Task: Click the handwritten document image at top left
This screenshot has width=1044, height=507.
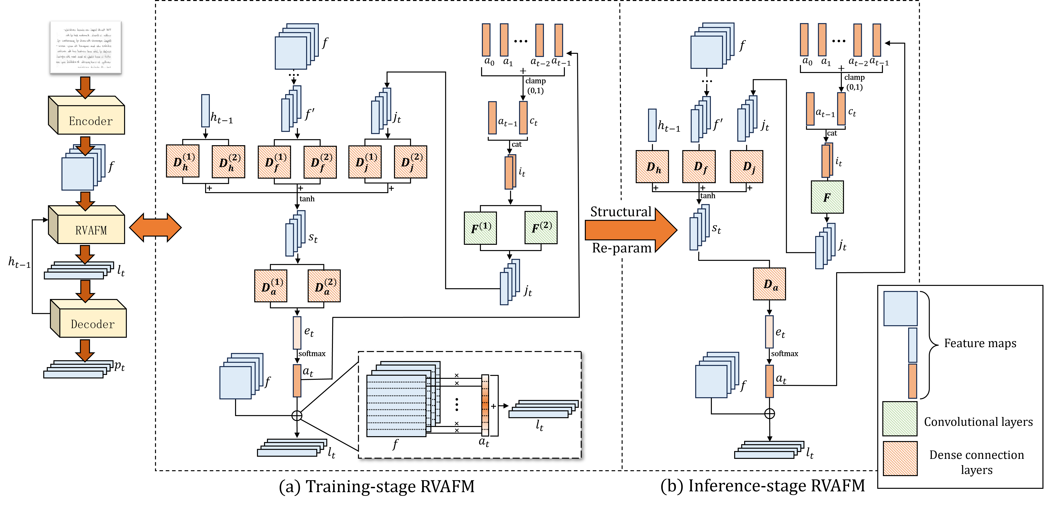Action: coord(86,47)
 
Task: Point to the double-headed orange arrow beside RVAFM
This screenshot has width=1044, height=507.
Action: coord(155,227)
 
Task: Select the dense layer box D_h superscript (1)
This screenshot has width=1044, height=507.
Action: coord(183,161)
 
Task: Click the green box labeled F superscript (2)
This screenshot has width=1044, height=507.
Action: coord(541,227)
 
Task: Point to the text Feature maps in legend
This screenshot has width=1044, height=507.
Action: coord(980,343)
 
